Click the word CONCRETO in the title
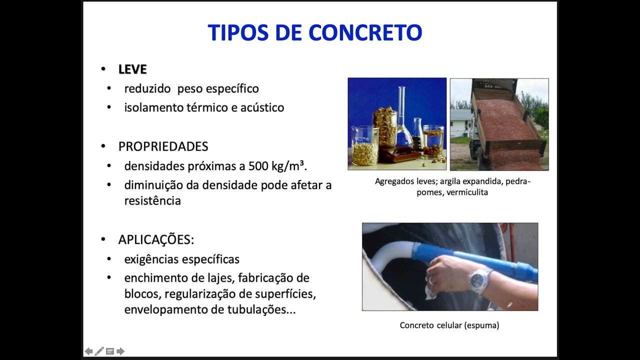pyautogui.click(x=365, y=32)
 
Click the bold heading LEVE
pyautogui.click(x=132, y=69)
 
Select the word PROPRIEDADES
pyautogui.click(x=163, y=146)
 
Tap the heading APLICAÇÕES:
pyautogui.click(x=156, y=239)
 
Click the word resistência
pyautogui.click(x=152, y=201)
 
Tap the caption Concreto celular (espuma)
pyautogui.click(x=449, y=325)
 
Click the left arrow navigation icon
pyautogui.click(x=88, y=351)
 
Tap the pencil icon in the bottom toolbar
pyautogui.click(x=99, y=351)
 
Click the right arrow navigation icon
pyautogui.click(x=120, y=351)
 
